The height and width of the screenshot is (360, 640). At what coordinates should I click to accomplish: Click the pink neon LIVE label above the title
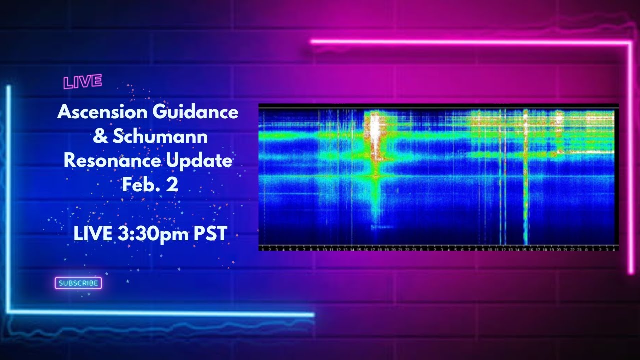pyautogui.click(x=83, y=82)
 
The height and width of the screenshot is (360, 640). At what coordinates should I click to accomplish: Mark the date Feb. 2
pyautogui.click(x=150, y=185)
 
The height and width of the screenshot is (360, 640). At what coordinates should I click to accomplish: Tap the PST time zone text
pyautogui.click(x=211, y=234)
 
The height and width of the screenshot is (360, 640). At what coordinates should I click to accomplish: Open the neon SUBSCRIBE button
pyautogui.click(x=78, y=283)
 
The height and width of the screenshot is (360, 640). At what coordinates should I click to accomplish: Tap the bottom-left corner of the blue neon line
pyautogui.click(x=9, y=313)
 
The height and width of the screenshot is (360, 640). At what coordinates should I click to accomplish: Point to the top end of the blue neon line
pyautogui.click(x=8, y=88)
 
